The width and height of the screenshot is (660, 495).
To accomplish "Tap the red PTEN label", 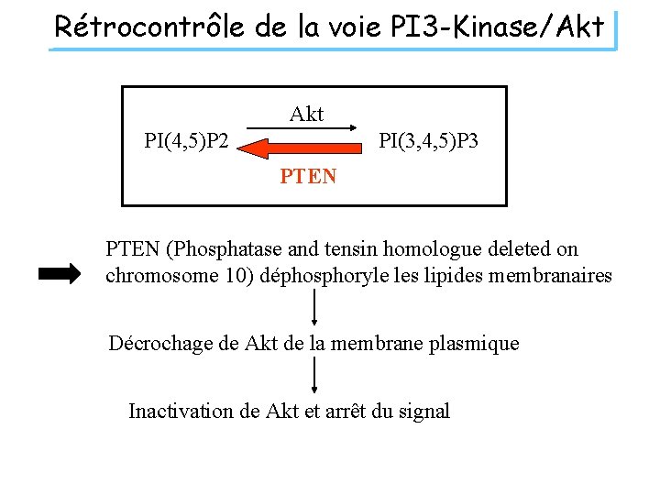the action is tap(308, 175).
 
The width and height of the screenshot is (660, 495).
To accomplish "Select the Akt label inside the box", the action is tap(306, 114).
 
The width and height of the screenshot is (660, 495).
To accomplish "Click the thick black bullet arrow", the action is tap(60, 274).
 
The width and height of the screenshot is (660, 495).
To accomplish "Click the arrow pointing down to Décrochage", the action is tap(315, 309).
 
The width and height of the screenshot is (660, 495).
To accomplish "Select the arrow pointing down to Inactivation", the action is tap(315, 376).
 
